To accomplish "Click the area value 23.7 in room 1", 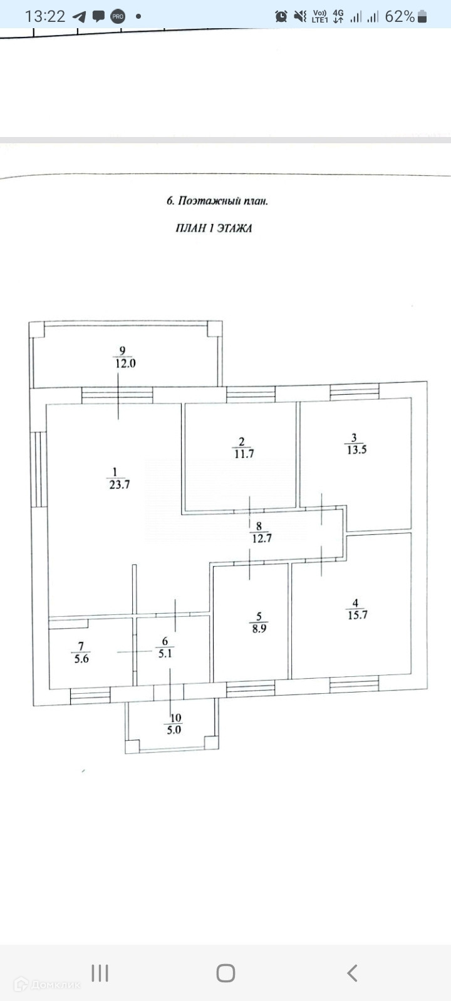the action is pyautogui.click(x=119, y=485).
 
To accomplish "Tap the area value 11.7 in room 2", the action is pyautogui.click(x=244, y=454).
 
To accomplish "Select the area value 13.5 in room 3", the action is pyautogui.click(x=356, y=450).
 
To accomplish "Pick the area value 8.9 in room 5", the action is pyautogui.click(x=259, y=629).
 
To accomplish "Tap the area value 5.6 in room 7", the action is pyautogui.click(x=81, y=659).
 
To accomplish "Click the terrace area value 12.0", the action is pyautogui.click(x=124, y=363).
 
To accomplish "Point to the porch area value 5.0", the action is pyautogui.click(x=174, y=729).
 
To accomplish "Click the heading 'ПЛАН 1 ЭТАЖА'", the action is pyautogui.click(x=214, y=228).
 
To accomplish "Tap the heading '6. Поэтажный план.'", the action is pyautogui.click(x=217, y=201).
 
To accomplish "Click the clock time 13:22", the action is pyautogui.click(x=45, y=16).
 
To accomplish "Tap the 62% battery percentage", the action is pyautogui.click(x=400, y=16).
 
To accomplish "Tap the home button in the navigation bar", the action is pyautogui.click(x=225, y=973).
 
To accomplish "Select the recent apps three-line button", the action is pyautogui.click(x=100, y=973).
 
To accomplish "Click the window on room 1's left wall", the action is pyautogui.click(x=38, y=469).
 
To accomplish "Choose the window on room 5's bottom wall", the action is pyautogui.click(x=250, y=689).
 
